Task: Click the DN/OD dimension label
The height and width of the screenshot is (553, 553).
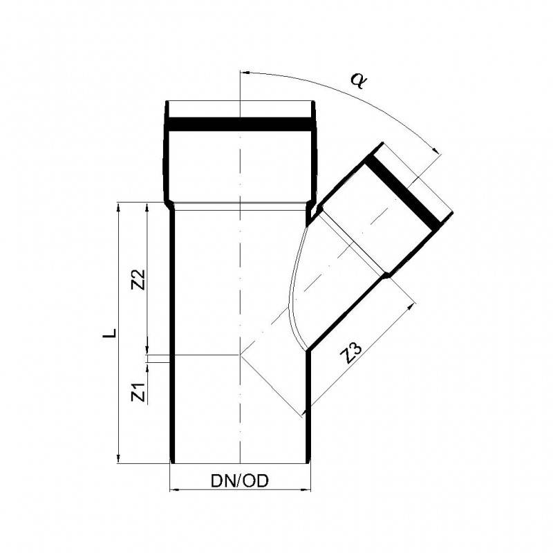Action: coord(238,480)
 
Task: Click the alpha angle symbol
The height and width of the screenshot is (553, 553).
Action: coord(358,82)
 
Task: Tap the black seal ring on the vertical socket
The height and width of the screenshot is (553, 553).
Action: coord(239,124)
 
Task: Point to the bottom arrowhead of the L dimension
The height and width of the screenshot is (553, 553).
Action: coord(119,458)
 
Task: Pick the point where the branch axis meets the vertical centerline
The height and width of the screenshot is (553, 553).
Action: coord(239,354)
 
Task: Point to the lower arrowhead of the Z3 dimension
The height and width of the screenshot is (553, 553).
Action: coord(305,413)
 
